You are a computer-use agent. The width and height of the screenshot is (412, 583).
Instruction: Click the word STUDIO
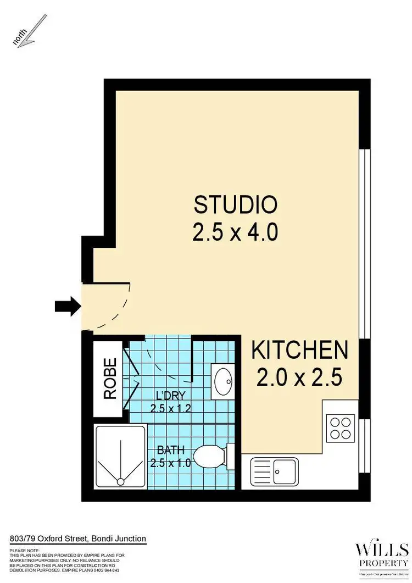[x=235, y=205]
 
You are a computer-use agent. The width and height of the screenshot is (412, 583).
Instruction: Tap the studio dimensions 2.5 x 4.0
[x=235, y=233]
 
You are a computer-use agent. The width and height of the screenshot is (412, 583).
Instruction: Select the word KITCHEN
[x=300, y=350]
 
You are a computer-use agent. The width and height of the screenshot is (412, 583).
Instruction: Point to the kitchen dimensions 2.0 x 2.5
[x=300, y=377]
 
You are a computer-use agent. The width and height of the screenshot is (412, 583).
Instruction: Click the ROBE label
[x=110, y=378]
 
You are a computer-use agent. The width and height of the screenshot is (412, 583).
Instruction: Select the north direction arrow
[x=32, y=31]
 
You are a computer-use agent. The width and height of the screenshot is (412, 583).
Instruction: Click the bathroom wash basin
[x=223, y=380]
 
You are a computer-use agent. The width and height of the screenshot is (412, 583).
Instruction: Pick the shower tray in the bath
[x=121, y=456]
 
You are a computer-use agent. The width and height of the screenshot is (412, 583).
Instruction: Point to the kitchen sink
[x=275, y=471]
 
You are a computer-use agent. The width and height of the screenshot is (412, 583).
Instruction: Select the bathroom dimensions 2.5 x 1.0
[x=170, y=463]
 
